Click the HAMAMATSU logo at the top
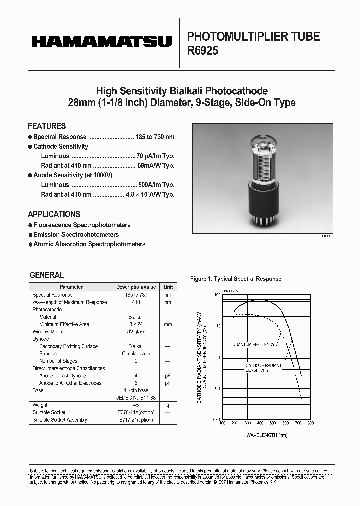pos(102,42)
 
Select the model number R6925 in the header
pos(202,51)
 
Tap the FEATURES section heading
pos(47,126)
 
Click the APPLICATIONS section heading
pos(54,214)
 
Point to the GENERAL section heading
pos(47,275)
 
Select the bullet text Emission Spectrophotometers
pos(76,235)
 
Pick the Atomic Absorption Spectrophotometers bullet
pos(89,244)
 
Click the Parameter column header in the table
pos(71,287)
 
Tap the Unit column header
pos(168,287)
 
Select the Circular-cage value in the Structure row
pos(136,353)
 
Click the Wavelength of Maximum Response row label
pos(70,302)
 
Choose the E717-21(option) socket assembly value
pos(136,420)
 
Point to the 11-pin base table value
pos(136,390)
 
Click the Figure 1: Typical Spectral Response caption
pos(236,279)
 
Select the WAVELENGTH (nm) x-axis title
pos(267,435)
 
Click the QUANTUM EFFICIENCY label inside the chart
pos(253,345)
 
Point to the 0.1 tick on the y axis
pos(216,388)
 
